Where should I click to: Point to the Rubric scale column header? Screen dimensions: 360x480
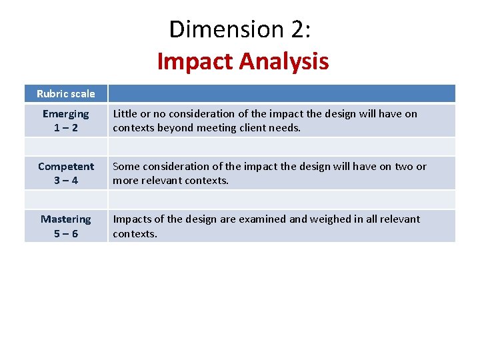click(x=66, y=94)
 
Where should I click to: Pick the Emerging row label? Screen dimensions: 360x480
click(x=65, y=114)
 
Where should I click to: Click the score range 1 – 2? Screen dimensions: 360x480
click(x=65, y=127)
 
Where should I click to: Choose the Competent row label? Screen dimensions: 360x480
click(x=66, y=167)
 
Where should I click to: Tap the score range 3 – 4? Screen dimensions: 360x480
click(x=65, y=180)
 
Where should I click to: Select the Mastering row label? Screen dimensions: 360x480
click(x=65, y=219)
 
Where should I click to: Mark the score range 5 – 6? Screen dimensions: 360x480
click(x=65, y=233)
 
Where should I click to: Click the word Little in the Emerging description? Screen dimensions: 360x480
click(x=125, y=114)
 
